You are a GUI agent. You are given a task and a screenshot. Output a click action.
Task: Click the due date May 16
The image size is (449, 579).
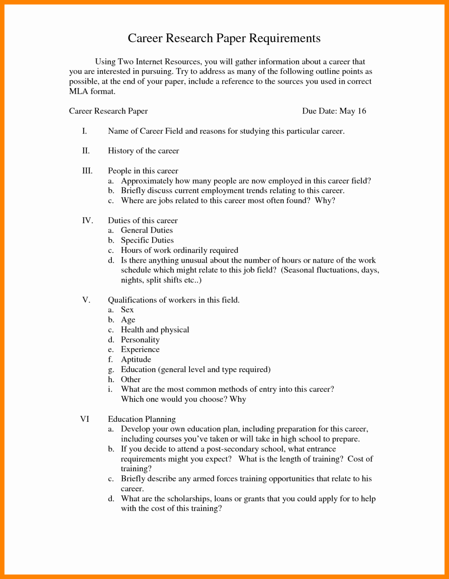coord(353,111)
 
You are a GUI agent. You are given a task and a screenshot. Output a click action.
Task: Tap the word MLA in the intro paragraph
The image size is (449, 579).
coord(78,91)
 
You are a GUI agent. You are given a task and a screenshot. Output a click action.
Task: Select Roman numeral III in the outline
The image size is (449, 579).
coord(87,171)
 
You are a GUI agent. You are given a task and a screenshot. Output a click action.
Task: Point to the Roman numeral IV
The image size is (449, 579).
coord(87,221)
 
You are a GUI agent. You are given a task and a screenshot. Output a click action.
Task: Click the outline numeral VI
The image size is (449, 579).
coord(85,419)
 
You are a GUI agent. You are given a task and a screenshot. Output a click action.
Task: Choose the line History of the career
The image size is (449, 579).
coord(143,151)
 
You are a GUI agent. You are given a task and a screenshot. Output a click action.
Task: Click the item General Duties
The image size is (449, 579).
coord(147,230)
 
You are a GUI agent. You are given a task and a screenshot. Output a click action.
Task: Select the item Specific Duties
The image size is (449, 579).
coord(147,240)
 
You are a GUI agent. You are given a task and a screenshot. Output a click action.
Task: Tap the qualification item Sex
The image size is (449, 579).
coord(127,309)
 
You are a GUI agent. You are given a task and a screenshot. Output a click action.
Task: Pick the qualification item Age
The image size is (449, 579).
coord(128,320)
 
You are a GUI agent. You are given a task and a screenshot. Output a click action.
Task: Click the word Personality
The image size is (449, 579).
coord(140,340)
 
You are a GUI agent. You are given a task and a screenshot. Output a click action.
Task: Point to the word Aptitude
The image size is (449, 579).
coord(136,360)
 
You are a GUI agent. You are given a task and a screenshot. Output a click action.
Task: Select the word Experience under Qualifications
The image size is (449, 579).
coord(140,349)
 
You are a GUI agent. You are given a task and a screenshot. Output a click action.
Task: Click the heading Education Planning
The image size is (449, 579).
coord(142,419)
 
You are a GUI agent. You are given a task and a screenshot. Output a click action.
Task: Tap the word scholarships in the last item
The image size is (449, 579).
coord(189,499)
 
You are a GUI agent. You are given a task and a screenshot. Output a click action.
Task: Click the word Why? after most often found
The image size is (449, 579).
coord(325,201)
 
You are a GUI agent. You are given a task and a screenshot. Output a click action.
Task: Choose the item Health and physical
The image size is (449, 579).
coord(155,330)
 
